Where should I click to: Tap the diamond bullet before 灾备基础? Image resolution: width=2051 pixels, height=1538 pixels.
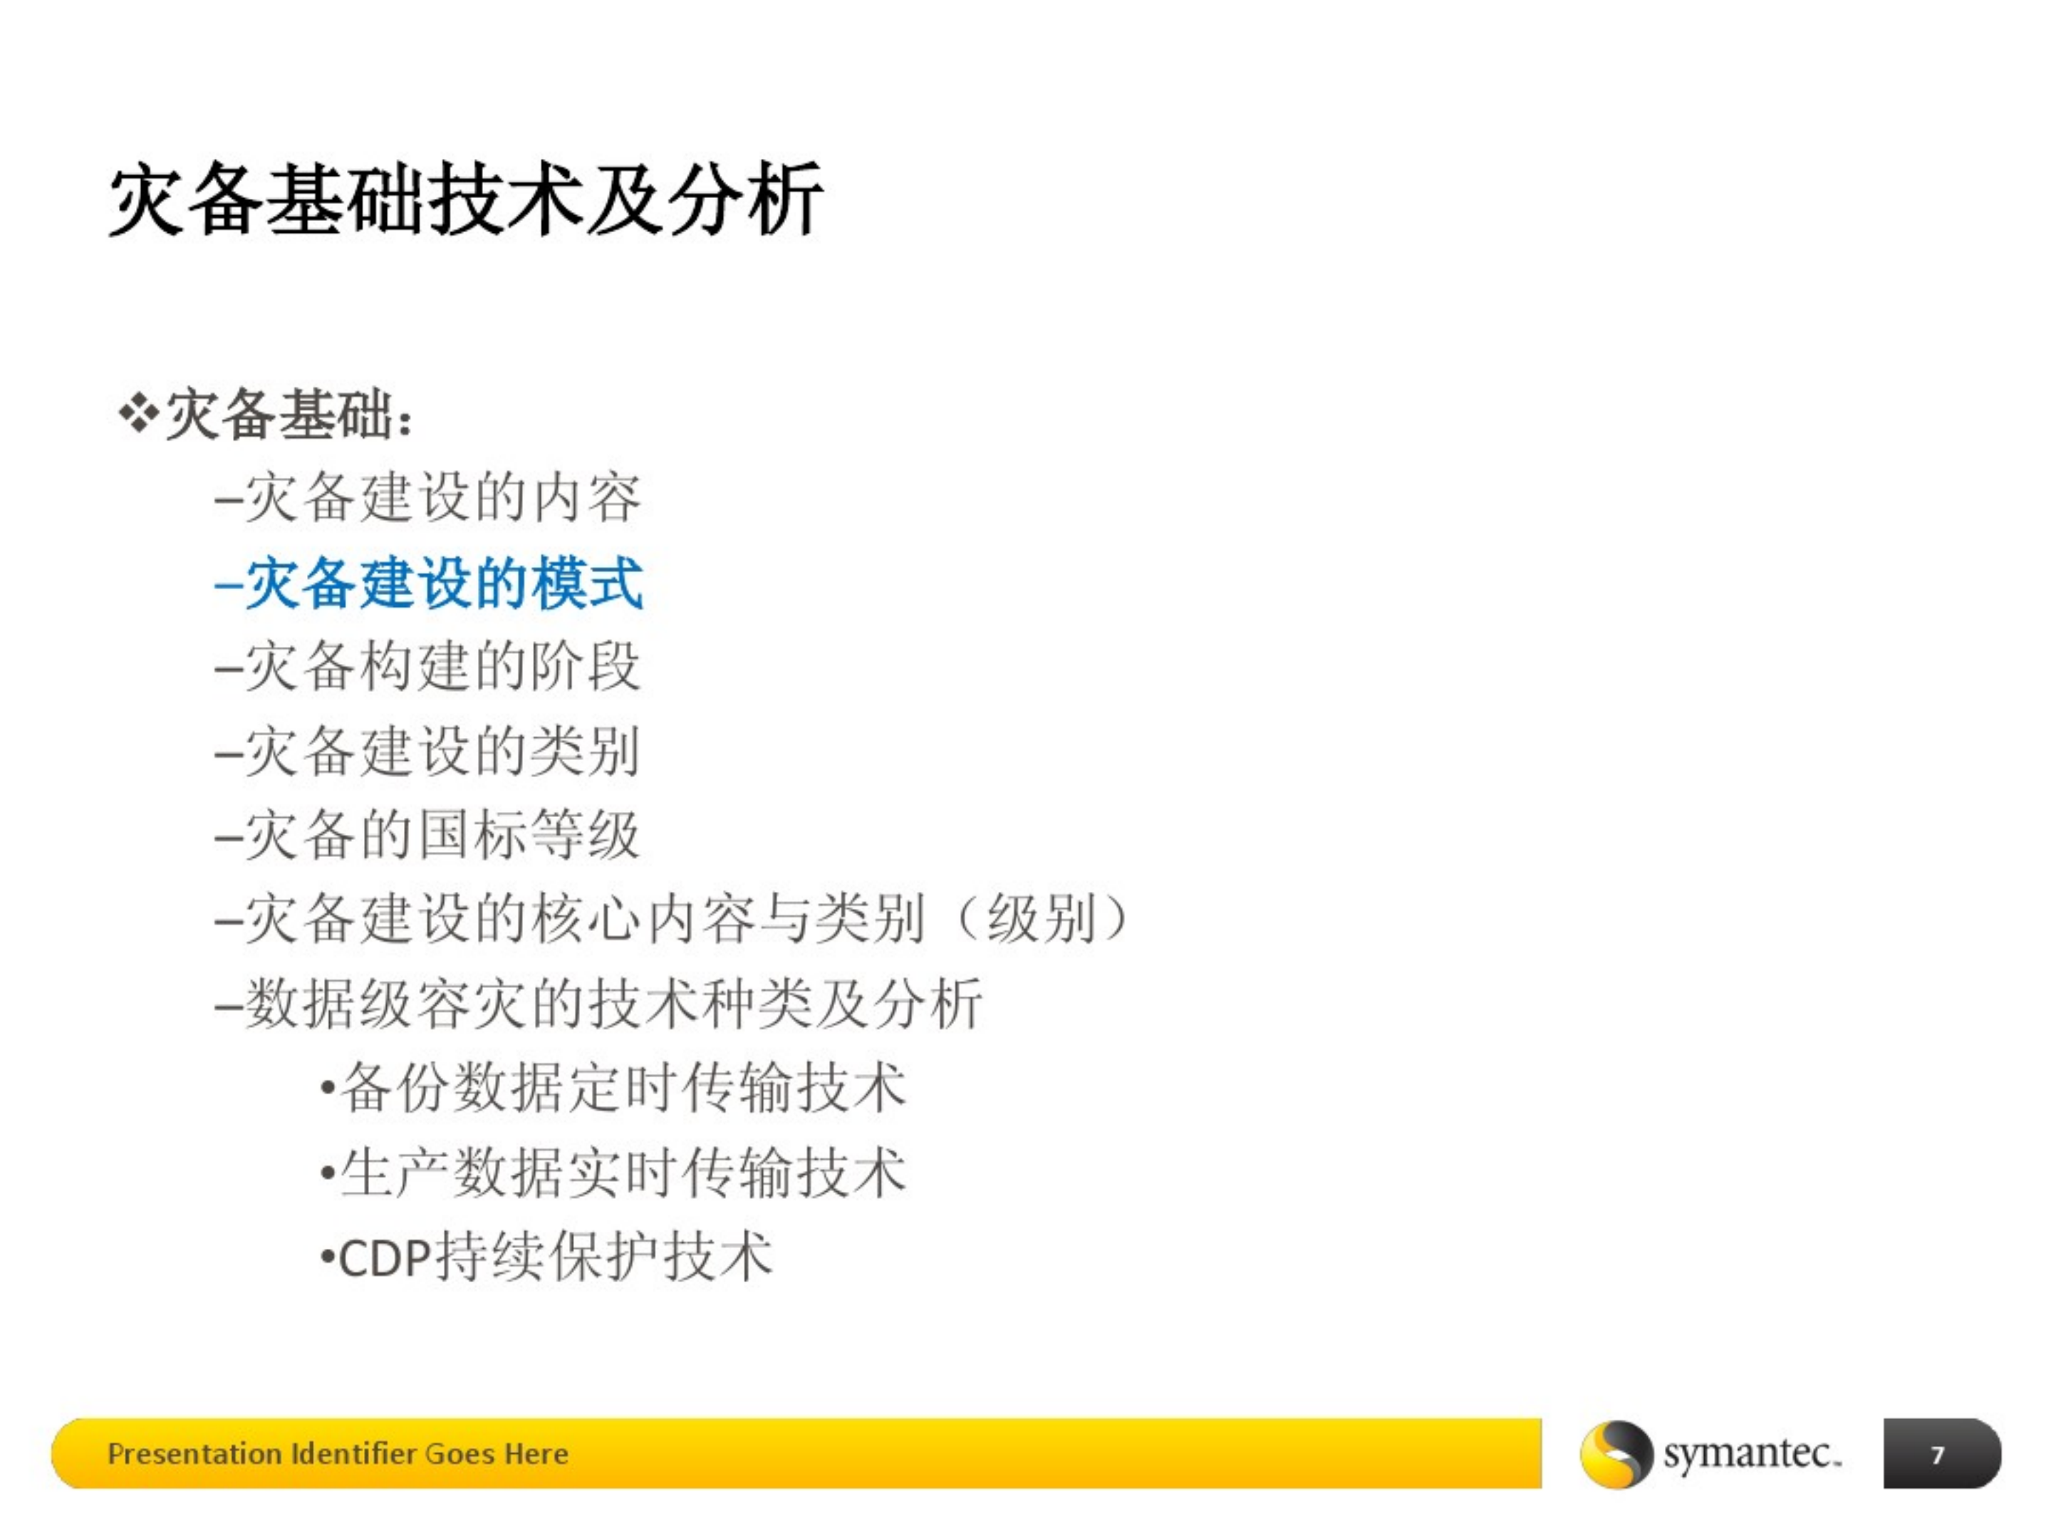(138, 415)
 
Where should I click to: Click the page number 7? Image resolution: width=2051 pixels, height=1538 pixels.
(1937, 1455)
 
